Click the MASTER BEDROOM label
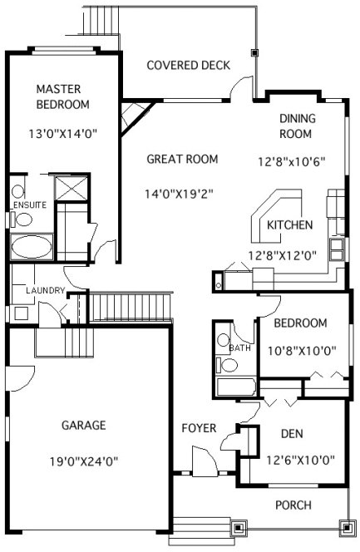pyautogui.click(x=62, y=96)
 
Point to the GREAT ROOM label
pyautogui.click(x=182, y=159)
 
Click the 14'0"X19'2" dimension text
pyautogui.click(x=180, y=194)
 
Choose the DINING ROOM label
pyautogui.click(x=295, y=126)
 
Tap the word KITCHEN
pyautogui.click(x=289, y=224)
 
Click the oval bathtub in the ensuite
pyautogui.click(x=32, y=247)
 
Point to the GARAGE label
pyautogui.click(x=83, y=426)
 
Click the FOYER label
pyautogui.click(x=199, y=428)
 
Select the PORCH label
pyautogui.click(x=293, y=505)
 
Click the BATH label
pyautogui.click(x=239, y=347)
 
